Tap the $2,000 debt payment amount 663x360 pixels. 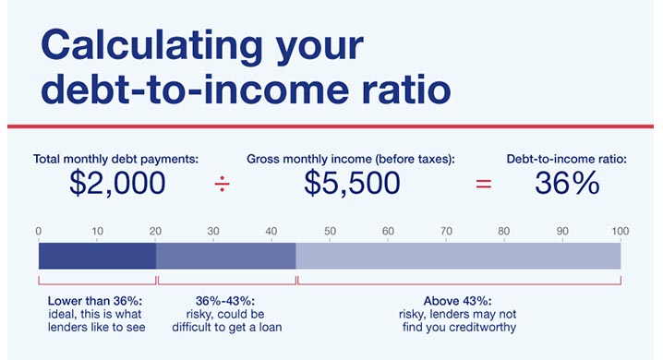coord(117,183)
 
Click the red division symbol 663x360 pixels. coord(223,184)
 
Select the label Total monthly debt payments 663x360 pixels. coord(116,159)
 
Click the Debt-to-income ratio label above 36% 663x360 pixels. coord(567,159)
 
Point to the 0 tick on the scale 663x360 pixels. coord(39,231)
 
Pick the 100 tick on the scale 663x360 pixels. coord(620,231)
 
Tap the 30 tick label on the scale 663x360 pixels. coord(213,231)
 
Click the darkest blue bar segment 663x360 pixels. coord(97,255)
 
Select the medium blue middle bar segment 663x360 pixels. coord(225,255)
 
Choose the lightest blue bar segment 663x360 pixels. coord(458,255)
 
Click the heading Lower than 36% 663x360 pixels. coord(95,301)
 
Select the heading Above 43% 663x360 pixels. coord(457,301)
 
